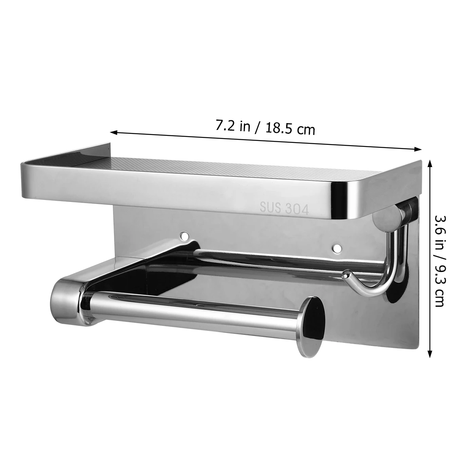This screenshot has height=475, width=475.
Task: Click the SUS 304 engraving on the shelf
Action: (x=284, y=208)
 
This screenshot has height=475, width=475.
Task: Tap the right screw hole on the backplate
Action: (x=337, y=248)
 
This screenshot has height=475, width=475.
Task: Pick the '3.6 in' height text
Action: (x=438, y=234)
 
